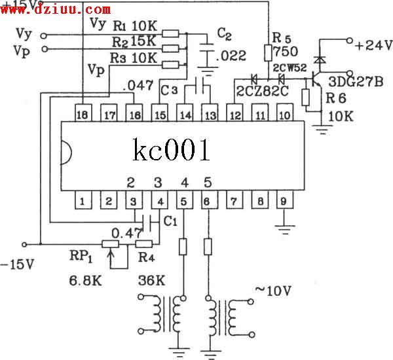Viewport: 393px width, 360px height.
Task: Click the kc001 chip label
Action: tap(172, 151)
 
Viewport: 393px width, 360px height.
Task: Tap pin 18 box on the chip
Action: tap(83, 115)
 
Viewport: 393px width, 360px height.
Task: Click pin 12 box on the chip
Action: tap(234, 115)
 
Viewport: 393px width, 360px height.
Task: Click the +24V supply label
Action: tap(373, 45)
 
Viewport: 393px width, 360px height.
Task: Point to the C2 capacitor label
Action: tap(224, 33)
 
